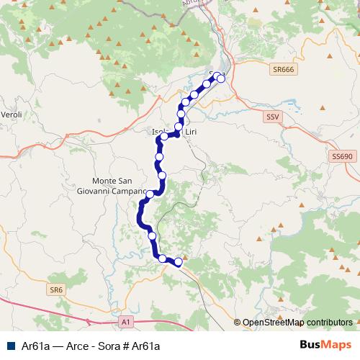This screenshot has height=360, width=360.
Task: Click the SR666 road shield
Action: point(283,69)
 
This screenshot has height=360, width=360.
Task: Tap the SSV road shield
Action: point(271,116)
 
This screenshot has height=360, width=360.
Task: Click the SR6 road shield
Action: point(56,289)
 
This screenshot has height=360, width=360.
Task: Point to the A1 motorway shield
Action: point(126,321)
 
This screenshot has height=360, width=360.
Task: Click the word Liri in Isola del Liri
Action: point(191,132)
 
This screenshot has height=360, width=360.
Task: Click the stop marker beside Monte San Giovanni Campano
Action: point(150,194)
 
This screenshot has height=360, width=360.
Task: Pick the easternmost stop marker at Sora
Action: point(222,78)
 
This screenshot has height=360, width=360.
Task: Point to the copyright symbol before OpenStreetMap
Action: point(237,323)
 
